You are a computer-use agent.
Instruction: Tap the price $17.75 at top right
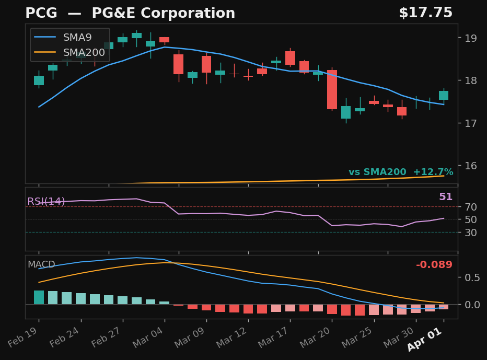click(425, 13)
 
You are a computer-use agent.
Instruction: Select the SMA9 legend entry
click(77, 38)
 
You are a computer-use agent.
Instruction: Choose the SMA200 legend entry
click(84, 52)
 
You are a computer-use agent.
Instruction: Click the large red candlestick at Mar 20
click(332, 89)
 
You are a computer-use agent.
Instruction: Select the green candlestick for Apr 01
click(443, 95)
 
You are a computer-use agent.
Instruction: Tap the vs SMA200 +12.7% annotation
click(401, 172)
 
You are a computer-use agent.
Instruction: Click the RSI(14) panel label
click(46, 202)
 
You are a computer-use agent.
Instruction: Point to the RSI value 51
click(445, 197)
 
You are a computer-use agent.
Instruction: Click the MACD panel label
click(41, 265)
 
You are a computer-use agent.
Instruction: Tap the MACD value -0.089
click(434, 265)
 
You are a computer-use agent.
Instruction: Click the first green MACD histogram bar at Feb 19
click(39, 297)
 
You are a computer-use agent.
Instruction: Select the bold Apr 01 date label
click(424, 340)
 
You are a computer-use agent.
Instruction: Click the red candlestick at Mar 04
click(164, 40)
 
